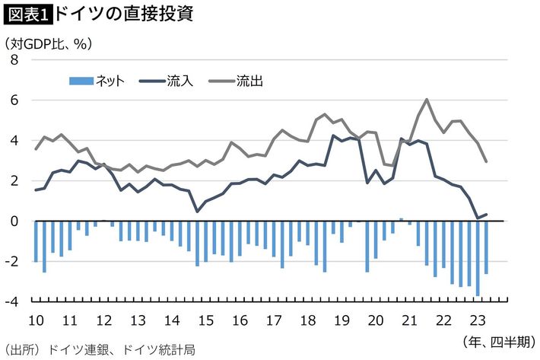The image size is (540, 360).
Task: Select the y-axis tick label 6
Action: [14, 100]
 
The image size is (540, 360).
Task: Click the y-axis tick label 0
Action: [14, 221]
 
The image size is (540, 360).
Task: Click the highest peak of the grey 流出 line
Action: [427, 99]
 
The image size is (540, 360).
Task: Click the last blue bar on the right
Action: [486, 247]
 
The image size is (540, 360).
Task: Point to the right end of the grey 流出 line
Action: [486, 161]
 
